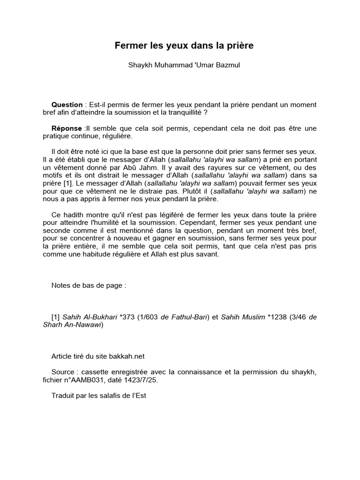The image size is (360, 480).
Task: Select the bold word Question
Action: tap(67, 105)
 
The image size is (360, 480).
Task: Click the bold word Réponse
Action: tap(67, 128)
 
